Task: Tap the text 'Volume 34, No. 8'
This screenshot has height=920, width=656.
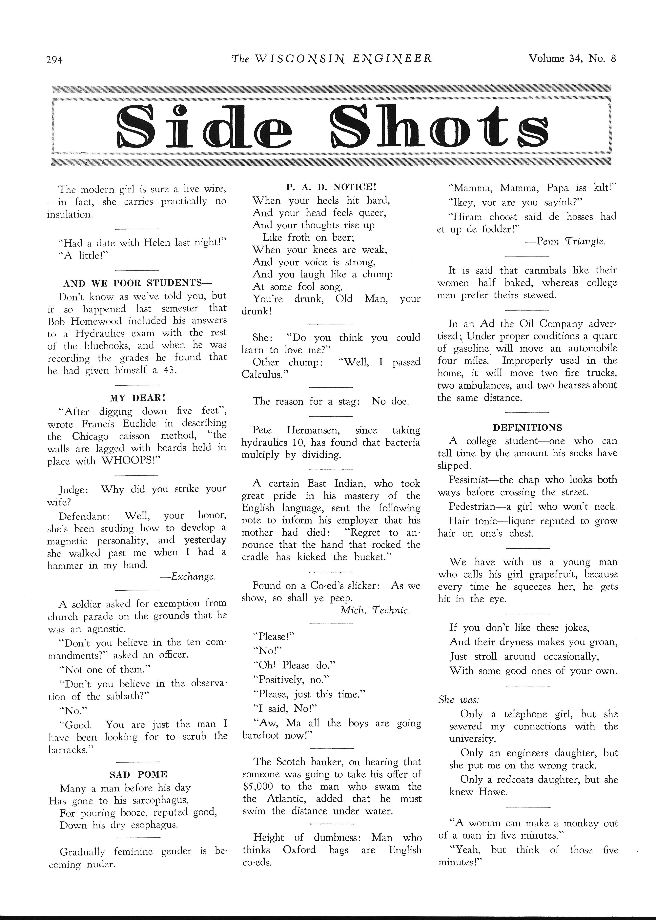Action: [572, 59]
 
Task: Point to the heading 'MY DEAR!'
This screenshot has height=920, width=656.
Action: [137, 397]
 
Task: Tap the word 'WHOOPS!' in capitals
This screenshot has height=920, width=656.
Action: [129, 461]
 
